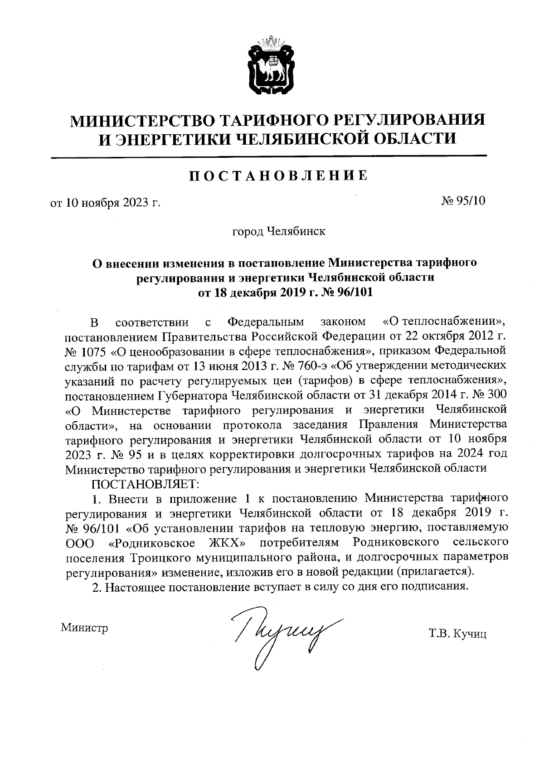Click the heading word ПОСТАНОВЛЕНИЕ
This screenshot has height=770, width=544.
[277, 175]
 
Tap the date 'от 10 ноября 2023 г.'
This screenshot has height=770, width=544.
[106, 202]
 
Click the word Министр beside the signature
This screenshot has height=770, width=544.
[85, 628]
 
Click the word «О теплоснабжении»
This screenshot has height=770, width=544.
[444, 322]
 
